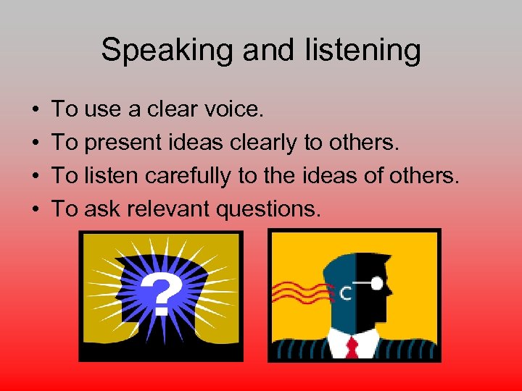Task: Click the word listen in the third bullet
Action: click(x=104, y=176)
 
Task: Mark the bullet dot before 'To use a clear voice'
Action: click(x=36, y=111)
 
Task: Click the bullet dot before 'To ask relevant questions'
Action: click(x=36, y=210)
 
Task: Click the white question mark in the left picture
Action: click(x=161, y=294)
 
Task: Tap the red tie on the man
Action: click(x=354, y=346)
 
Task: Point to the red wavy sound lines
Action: click(x=297, y=293)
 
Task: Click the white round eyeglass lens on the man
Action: click(x=376, y=285)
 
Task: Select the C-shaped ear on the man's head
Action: click(x=346, y=293)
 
